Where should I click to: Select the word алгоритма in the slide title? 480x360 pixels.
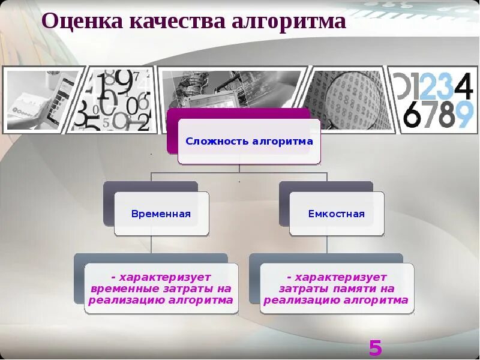289,22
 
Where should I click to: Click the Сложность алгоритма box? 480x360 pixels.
249,142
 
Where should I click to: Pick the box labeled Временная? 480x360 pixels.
161,214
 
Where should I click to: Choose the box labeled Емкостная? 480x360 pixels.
336,214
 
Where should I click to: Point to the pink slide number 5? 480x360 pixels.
375,348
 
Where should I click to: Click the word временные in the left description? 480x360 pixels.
122,289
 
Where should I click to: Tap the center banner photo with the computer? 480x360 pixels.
231,90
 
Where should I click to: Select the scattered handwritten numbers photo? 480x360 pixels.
117,99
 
